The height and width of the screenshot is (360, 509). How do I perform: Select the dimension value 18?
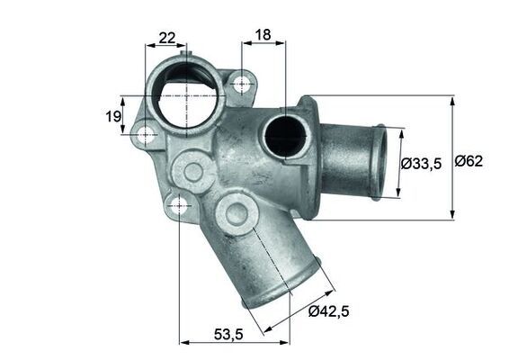263,35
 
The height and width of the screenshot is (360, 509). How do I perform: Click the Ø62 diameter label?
469,162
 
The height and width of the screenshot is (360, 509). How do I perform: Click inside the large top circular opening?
185,94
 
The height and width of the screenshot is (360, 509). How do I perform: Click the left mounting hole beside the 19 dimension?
145,135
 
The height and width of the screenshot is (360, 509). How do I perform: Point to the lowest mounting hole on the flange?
179,205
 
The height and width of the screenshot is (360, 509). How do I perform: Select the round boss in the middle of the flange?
192,168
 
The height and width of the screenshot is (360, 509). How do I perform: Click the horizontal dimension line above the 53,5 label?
234,341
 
